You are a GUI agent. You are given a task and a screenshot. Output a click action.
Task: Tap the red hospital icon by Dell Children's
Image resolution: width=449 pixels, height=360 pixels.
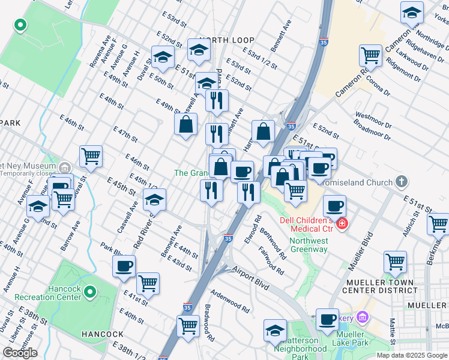click(x=342, y=224)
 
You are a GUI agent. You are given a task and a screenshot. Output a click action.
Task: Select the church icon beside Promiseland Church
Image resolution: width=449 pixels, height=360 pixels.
click(x=402, y=181)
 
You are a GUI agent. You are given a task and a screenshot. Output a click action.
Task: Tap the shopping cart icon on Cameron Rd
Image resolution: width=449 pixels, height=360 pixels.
click(x=370, y=56)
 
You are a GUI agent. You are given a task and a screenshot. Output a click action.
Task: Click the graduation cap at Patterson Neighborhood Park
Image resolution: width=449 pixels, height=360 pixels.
click(x=275, y=330)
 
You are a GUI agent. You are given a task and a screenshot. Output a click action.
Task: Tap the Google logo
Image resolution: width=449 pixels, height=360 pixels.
click(x=20, y=353)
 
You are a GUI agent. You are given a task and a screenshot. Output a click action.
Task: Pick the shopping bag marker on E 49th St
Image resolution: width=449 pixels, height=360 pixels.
click(x=186, y=124)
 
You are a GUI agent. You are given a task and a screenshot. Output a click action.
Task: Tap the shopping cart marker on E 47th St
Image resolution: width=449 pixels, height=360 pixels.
click(x=91, y=156)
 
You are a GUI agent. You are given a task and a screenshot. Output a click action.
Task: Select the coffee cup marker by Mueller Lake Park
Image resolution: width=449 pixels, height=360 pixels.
click(x=327, y=319)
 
